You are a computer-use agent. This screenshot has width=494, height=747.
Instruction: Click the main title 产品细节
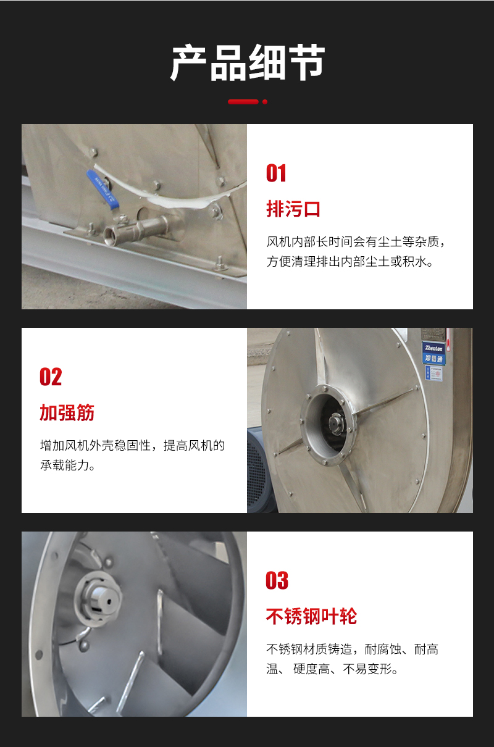(247, 64)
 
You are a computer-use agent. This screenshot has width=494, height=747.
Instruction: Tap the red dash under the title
(243, 102)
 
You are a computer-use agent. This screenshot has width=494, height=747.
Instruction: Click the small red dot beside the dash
(265, 102)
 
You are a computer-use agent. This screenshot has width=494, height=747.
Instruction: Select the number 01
(276, 173)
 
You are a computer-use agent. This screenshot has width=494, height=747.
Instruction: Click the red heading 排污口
(293, 209)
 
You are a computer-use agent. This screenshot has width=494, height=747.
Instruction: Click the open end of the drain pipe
(112, 235)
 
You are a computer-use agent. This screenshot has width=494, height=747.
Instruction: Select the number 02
(51, 377)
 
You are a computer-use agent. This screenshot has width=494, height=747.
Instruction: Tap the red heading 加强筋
(67, 413)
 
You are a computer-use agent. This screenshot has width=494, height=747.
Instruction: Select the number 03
(277, 581)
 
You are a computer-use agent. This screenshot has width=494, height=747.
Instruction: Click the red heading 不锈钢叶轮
(311, 616)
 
